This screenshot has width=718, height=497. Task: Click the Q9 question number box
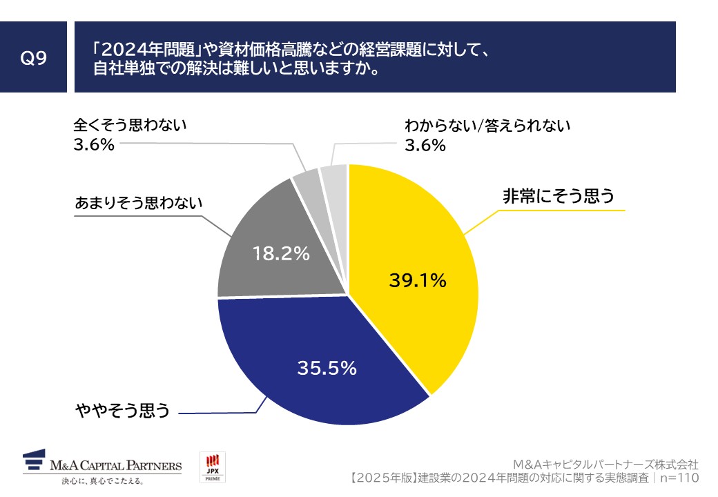[x=33, y=58]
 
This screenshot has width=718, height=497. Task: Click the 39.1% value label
[x=417, y=281]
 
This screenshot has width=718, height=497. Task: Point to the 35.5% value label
[x=327, y=369]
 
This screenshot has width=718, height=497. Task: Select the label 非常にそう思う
[x=558, y=197]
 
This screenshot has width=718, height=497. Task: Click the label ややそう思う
[x=122, y=411]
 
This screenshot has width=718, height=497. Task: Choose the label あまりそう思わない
[x=139, y=204]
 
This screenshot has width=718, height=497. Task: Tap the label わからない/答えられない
[x=489, y=126]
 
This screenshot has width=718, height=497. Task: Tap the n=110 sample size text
[x=679, y=478]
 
